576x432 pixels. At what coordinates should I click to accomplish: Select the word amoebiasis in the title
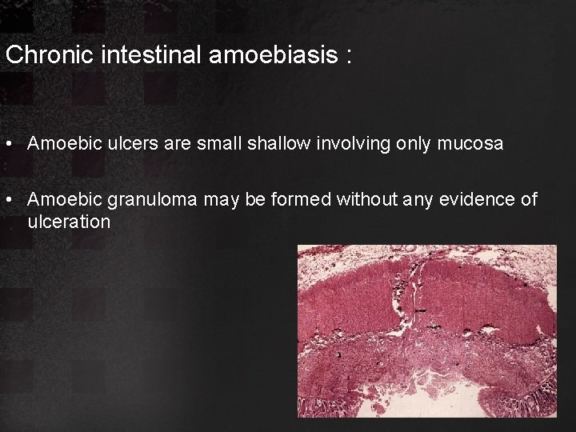pos(270,55)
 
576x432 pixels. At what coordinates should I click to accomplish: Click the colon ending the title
pos(349,56)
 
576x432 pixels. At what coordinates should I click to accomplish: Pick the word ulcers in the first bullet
pos(123,144)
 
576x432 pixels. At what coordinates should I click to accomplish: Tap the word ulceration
pos(69,222)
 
